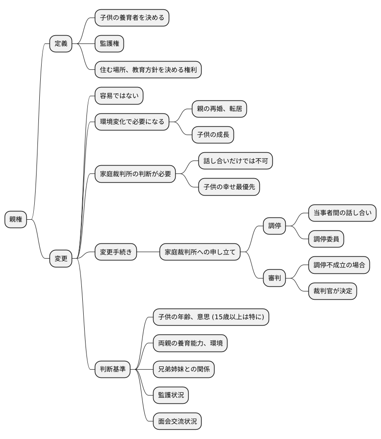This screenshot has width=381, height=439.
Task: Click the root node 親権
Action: [x=16, y=219]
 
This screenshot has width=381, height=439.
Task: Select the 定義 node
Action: [x=61, y=44]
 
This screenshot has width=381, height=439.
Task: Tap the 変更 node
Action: [x=61, y=259]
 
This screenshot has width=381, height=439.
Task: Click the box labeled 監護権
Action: [x=109, y=44]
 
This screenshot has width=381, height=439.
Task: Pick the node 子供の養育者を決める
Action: [x=131, y=18]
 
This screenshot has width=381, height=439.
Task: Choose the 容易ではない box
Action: [x=119, y=96]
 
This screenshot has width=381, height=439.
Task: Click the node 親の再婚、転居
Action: [x=220, y=109]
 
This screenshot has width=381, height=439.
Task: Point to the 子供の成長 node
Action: [x=213, y=135]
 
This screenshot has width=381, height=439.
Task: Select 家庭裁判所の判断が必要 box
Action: [x=135, y=174]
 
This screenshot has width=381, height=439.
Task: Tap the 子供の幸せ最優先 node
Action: [x=229, y=187]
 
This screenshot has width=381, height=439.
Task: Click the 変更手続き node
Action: [x=116, y=252]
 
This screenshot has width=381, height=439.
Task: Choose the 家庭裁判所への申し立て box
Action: [x=200, y=252]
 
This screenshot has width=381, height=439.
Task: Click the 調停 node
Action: [x=274, y=226]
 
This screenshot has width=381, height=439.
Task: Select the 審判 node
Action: [x=274, y=278]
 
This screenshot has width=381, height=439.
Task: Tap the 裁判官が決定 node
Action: [x=332, y=291]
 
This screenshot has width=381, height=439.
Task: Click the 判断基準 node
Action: [x=112, y=369]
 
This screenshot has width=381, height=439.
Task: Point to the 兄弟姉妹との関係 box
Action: [x=184, y=369]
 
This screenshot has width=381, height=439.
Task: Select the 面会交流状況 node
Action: [x=177, y=421]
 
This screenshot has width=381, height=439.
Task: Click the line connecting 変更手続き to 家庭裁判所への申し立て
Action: [x=148, y=252]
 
